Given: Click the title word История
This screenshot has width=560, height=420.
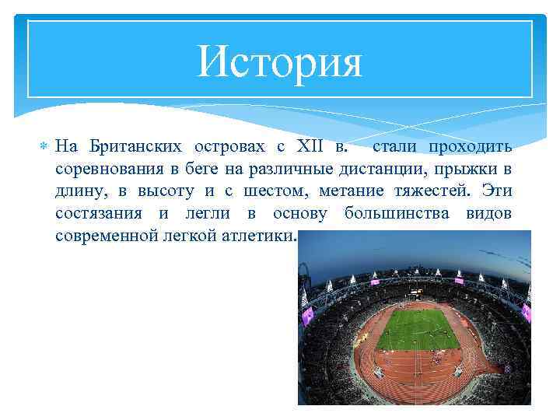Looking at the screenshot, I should coord(280,61).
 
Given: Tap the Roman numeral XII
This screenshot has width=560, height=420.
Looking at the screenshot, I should coord(309,146).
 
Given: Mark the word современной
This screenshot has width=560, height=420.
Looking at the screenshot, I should coord(107,236).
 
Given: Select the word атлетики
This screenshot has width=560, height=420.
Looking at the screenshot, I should coord(262,236).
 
